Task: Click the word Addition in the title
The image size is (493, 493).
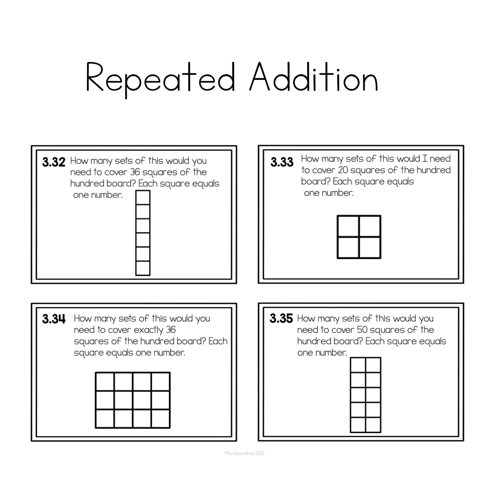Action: [x=314, y=77]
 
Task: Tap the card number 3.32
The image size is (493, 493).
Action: [x=54, y=162]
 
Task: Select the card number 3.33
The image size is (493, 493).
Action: [x=282, y=162]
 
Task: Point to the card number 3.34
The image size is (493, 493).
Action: [x=54, y=319]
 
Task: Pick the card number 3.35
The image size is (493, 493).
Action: [x=281, y=319]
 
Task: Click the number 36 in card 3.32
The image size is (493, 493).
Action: [x=135, y=172]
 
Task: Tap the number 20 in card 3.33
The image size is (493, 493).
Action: [x=343, y=170]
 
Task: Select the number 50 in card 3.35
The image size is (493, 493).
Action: [x=362, y=330]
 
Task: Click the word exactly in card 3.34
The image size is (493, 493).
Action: [x=148, y=330]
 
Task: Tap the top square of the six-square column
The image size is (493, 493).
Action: [x=143, y=197]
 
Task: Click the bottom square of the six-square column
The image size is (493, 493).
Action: [x=143, y=268]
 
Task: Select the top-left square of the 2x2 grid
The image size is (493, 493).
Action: [x=348, y=226]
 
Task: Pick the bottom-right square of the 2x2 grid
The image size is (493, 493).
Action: [x=370, y=248]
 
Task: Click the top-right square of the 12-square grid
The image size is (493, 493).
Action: [x=160, y=381]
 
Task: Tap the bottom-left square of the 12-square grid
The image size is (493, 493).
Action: [x=105, y=419]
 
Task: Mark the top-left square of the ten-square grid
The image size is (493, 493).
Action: [x=358, y=365]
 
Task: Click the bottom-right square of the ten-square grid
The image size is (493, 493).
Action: [x=373, y=425]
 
